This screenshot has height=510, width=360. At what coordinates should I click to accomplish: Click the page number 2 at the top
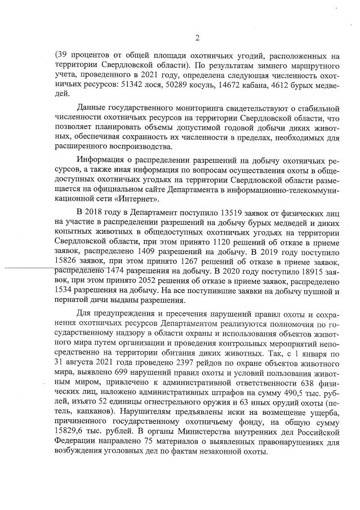click(197, 38)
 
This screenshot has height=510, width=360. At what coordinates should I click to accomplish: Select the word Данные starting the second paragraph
click(93, 107)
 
